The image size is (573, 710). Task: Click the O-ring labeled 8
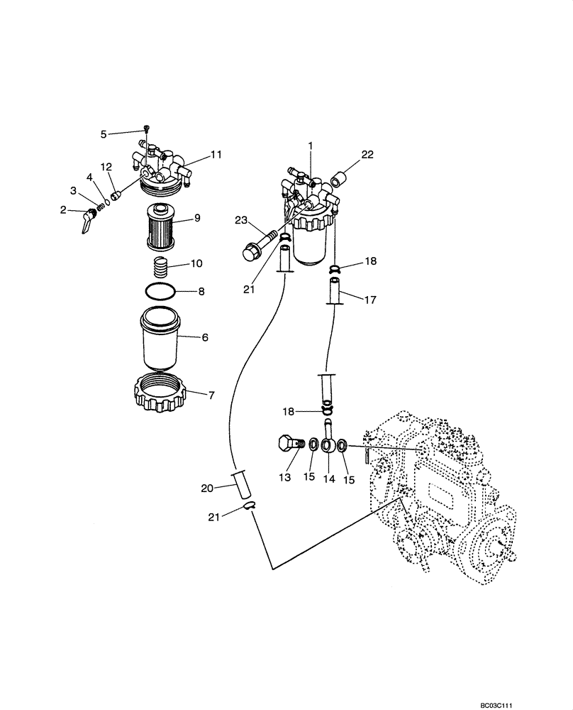160,291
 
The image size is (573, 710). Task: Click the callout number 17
371,300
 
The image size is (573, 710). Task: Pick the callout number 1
310,146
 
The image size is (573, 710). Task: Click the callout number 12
106,166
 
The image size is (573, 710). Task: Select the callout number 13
284,479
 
